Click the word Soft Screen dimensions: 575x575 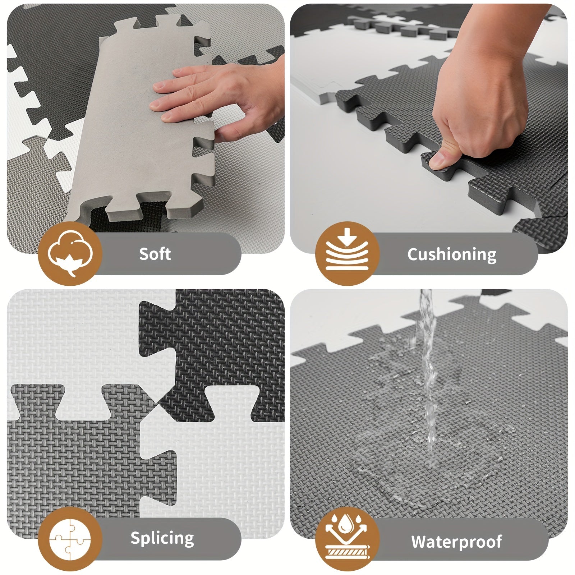pos(155,254)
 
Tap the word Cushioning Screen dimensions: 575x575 pos(451,254)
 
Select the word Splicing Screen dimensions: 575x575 pos(162,538)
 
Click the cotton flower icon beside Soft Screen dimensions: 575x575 pos(70,254)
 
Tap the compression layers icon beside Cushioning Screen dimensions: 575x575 pos(347,254)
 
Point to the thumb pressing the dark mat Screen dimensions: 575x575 pos(441,160)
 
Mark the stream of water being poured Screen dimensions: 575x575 pos(428,359)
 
